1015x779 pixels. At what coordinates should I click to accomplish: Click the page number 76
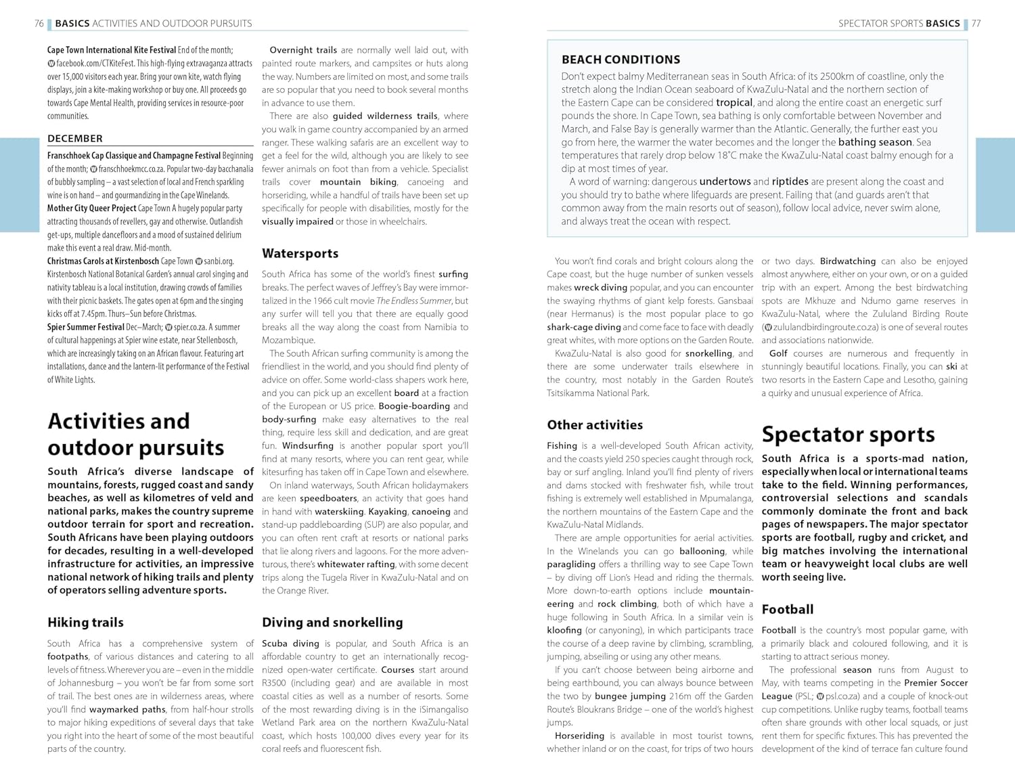[39, 24]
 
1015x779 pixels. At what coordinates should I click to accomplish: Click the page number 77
[976, 24]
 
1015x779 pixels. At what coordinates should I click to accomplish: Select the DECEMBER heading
[75, 139]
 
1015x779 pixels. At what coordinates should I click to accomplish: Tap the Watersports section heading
[300, 254]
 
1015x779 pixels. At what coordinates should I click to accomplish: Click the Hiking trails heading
[85, 623]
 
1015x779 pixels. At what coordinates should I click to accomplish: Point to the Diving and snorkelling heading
[332, 623]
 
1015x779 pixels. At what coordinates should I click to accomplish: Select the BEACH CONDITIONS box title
[621, 60]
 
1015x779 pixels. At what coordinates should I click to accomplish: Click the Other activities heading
[595, 425]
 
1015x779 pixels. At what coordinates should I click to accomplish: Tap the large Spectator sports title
[848, 435]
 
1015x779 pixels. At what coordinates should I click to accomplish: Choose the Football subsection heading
[788, 610]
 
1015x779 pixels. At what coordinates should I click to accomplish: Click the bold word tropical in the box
[734, 103]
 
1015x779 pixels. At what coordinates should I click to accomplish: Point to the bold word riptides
[790, 181]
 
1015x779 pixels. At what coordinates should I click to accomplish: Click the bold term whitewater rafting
[356, 564]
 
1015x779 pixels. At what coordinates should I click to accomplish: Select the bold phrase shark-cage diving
[583, 328]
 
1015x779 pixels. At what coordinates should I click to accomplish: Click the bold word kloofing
[564, 630]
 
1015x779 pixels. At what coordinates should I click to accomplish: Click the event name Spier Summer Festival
[86, 327]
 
